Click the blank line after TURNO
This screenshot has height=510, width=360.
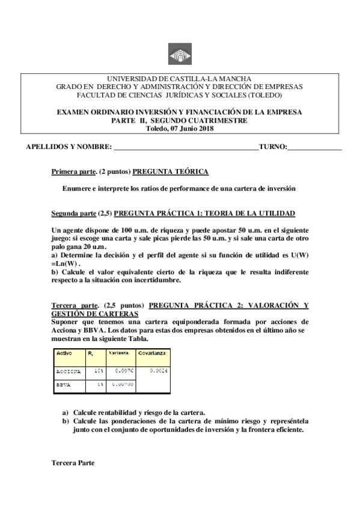tap(314, 147)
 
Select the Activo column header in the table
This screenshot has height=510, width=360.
tap(64, 353)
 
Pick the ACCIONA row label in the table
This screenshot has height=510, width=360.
tap(68, 371)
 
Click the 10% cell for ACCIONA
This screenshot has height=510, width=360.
tap(99, 371)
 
